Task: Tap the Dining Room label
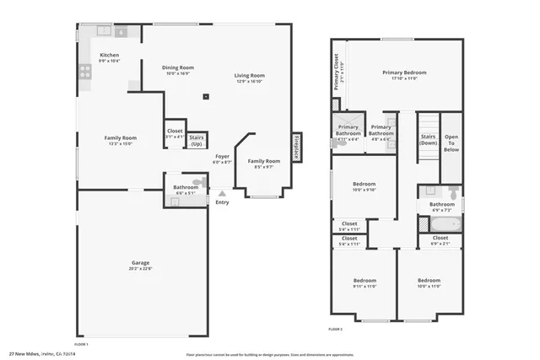click(x=178, y=70)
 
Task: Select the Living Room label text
click(x=249, y=78)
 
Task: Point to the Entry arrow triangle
click(x=222, y=193)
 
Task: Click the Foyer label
click(x=222, y=159)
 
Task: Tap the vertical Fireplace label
click(x=296, y=144)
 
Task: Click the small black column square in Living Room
click(x=205, y=97)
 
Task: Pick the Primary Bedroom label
click(x=404, y=75)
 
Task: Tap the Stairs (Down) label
click(x=429, y=140)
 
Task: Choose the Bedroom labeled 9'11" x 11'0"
click(x=364, y=283)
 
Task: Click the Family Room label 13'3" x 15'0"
click(x=120, y=140)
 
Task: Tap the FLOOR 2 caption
click(x=335, y=329)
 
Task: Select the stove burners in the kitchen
click(x=85, y=72)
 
